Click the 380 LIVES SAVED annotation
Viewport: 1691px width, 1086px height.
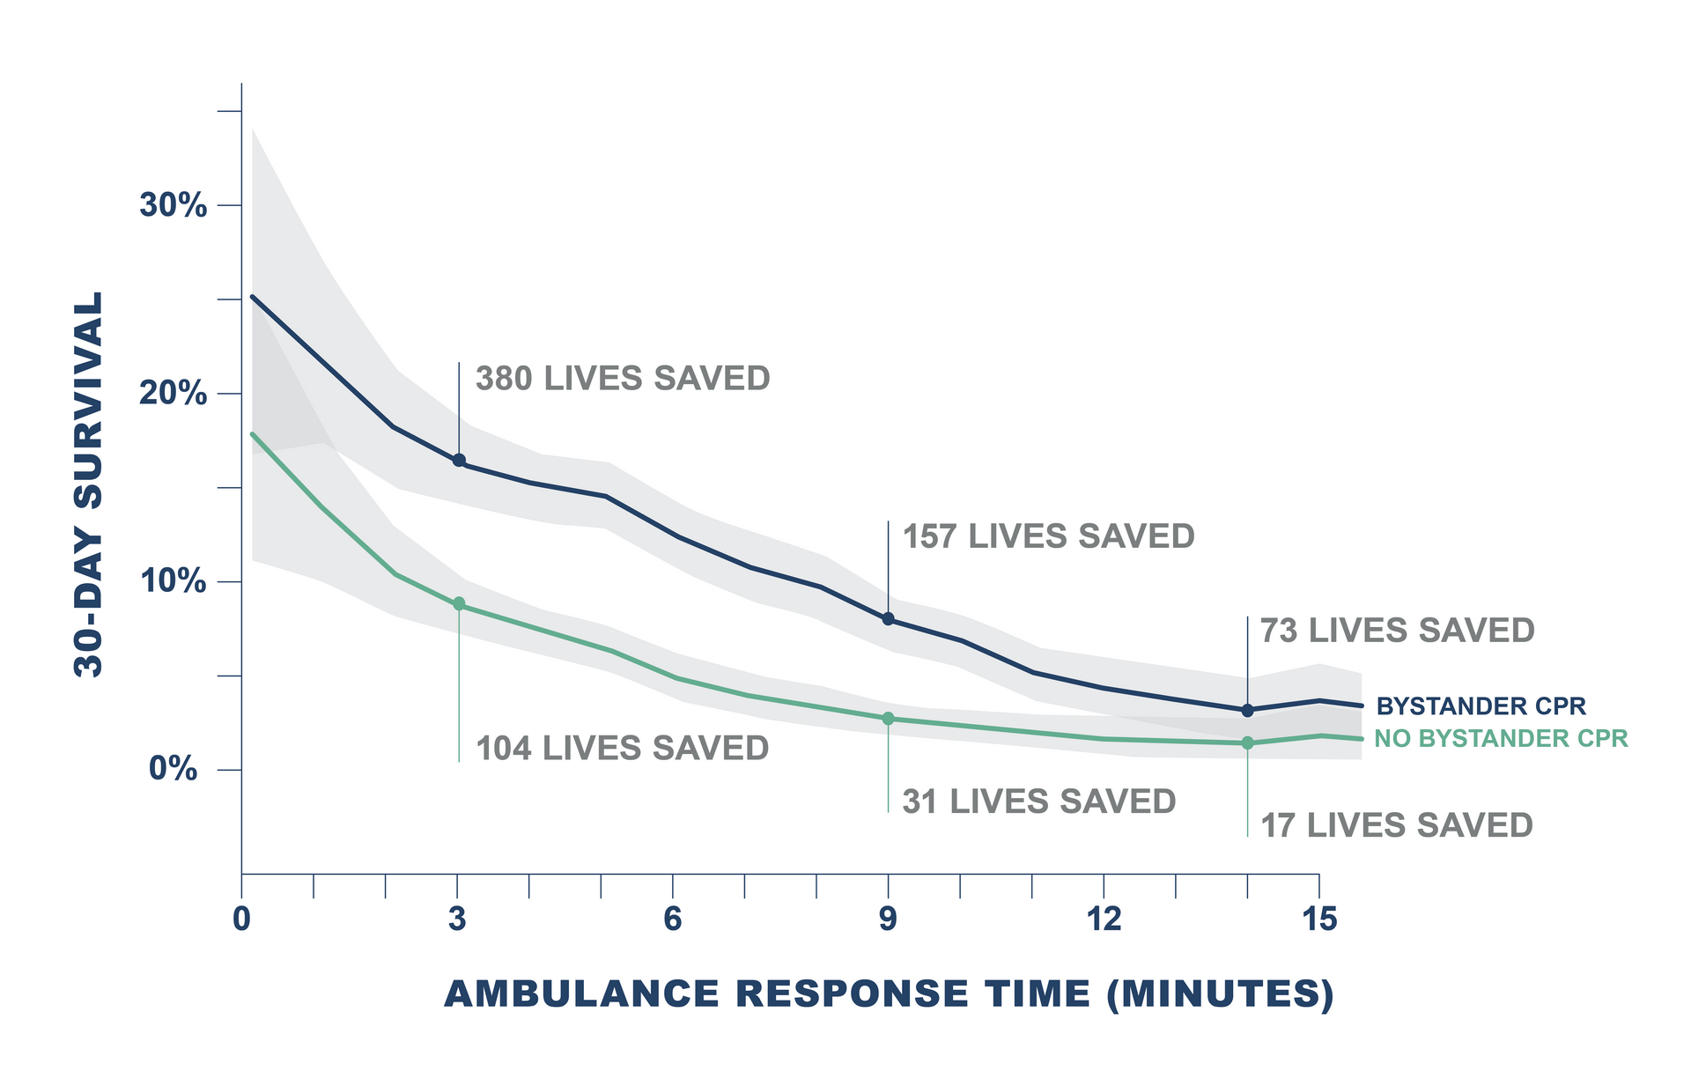[623, 379]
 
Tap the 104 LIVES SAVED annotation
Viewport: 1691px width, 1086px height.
[622, 749]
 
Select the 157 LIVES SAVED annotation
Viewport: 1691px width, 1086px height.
[1048, 536]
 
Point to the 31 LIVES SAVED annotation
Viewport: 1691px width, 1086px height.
[1038, 802]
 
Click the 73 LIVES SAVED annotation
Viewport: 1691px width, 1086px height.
[1397, 631]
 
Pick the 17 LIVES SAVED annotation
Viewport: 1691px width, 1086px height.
[1396, 825]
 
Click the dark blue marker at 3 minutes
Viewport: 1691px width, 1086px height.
[459, 461]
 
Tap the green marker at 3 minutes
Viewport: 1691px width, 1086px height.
[459, 604]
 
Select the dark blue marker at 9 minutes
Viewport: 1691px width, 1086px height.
[888, 619]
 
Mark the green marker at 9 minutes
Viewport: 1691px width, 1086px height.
[888, 719]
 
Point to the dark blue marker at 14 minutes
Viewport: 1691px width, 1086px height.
[1247, 710]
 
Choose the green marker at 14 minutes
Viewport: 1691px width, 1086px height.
[1247, 742]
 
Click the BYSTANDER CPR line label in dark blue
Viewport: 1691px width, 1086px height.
[1481, 706]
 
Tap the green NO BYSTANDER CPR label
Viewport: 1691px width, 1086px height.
[1501, 739]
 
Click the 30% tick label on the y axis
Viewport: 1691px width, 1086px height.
[173, 206]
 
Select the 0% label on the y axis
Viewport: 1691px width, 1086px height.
[173, 769]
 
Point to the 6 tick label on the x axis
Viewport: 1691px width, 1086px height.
[672, 920]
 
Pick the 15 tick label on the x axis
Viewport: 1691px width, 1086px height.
[1318, 920]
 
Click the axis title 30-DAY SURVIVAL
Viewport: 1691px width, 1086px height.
[89, 484]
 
